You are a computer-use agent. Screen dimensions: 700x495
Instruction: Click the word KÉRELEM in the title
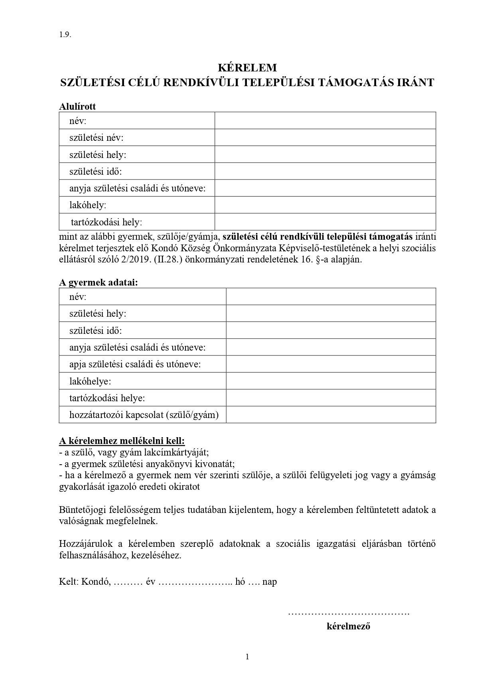(247, 67)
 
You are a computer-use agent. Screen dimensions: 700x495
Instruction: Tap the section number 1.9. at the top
(65, 34)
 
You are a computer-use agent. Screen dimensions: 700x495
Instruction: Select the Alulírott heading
(77, 106)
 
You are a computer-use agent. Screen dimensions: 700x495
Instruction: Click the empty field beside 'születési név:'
(325, 138)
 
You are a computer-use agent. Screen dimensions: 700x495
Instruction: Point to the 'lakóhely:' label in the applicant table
(88, 205)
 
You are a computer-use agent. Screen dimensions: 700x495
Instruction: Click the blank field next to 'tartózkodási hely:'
(325, 222)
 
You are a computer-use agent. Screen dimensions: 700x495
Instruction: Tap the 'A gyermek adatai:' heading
(98, 282)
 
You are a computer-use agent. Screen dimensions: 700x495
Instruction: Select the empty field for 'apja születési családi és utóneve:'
(331, 364)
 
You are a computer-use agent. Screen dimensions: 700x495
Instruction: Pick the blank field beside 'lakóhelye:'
(331, 381)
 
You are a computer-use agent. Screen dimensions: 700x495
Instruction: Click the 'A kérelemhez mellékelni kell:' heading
(122, 441)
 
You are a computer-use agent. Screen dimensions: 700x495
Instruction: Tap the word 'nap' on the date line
(270, 582)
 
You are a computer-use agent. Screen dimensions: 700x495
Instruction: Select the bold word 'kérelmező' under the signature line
(348, 626)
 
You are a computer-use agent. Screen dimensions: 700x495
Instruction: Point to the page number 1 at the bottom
(247, 657)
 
